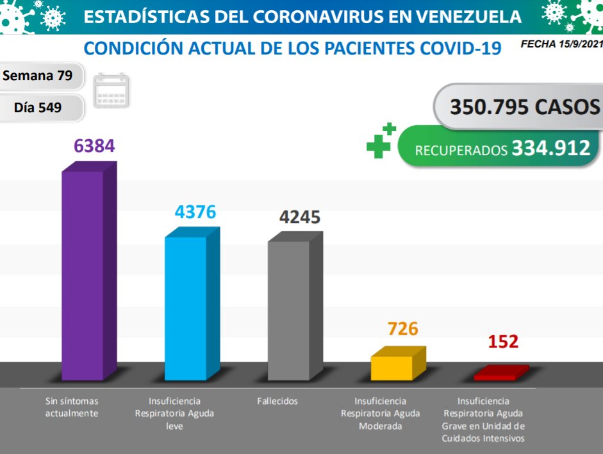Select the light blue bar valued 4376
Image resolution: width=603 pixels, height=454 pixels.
point(186,308)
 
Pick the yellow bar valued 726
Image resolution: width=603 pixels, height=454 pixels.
point(392,367)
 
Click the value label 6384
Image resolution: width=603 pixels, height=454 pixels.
point(94,146)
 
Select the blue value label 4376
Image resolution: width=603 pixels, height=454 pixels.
point(196,212)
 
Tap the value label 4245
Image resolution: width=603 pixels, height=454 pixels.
point(299,217)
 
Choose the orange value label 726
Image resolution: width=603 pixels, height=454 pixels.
point(402,329)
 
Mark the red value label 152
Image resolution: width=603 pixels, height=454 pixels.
point(503,341)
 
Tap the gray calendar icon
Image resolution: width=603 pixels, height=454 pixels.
point(112,90)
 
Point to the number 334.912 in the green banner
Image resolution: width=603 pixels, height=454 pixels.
point(550,149)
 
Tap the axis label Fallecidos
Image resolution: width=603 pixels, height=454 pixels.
point(277,401)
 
